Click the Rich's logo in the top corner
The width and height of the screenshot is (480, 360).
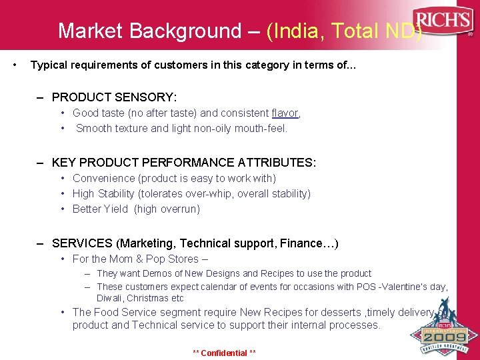click(x=442, y=21)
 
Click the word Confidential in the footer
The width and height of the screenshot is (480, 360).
click(x=223, y=353)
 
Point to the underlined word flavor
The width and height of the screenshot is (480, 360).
click(x=285, y=113)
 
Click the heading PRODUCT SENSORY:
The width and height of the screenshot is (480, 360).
click(x=114, y=97)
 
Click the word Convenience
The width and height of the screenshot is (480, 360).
click(x=103, y=178)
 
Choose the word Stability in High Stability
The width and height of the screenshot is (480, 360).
click(x=120, y=193)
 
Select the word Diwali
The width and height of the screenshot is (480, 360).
click(x=109, y=298)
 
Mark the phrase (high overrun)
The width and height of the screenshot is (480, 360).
click(x=167, y=209)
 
